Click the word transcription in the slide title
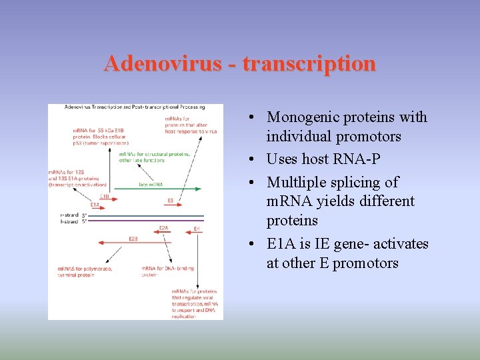[309, 64]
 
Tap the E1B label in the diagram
[105, 197]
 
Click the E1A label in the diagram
[95, 205]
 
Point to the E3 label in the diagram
[170, 201]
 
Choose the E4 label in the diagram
[196, 229]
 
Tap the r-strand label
[69, 215]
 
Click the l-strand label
[69, 220]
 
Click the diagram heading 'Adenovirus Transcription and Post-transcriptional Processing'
[134, 107]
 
